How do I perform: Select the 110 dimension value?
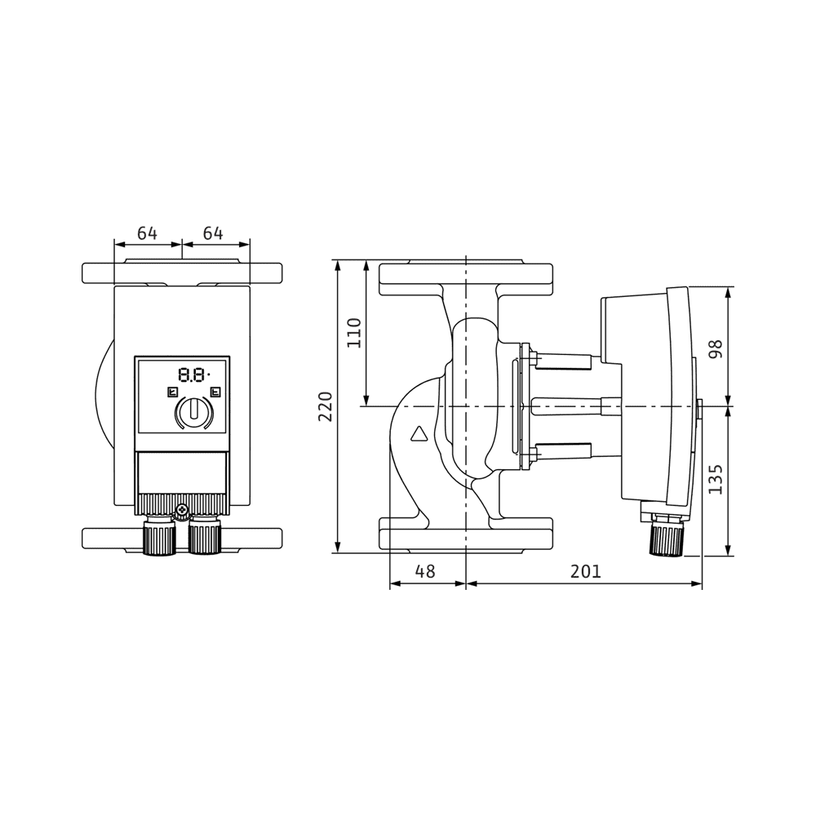(x=354, y=333)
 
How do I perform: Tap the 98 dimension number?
(x=716, y=349)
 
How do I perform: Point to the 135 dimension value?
(x=716, y=480)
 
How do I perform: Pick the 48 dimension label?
(x=425, y=572)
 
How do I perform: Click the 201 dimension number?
(x=585, y=572)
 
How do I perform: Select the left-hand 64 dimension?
(x=147, y=234)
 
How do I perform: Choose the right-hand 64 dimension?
(x=213, y=234)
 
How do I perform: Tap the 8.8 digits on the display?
(x=192, y=375)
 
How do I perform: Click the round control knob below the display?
(x=193, y=412)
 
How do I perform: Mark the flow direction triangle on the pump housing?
(x=419, y=433)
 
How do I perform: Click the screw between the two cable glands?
(x=181, y=512)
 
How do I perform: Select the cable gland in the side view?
(x=667, y=539)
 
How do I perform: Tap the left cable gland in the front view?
(x=159, y=536)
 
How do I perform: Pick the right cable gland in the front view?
(x=204, y=536)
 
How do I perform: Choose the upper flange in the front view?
(x=182, y=273)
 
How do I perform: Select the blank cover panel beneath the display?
(x=182, y=472)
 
